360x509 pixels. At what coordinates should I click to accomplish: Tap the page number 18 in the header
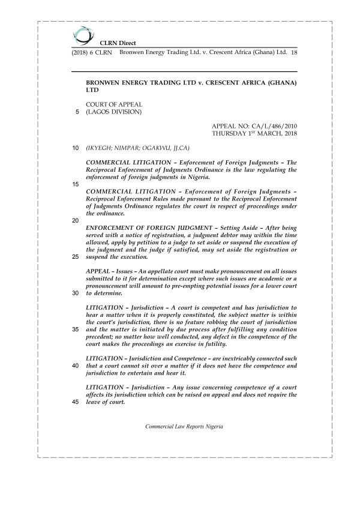[294, 53]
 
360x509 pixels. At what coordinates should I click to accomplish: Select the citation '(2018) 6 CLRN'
[88, 53]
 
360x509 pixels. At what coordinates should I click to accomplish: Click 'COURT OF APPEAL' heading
[115, 105]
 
